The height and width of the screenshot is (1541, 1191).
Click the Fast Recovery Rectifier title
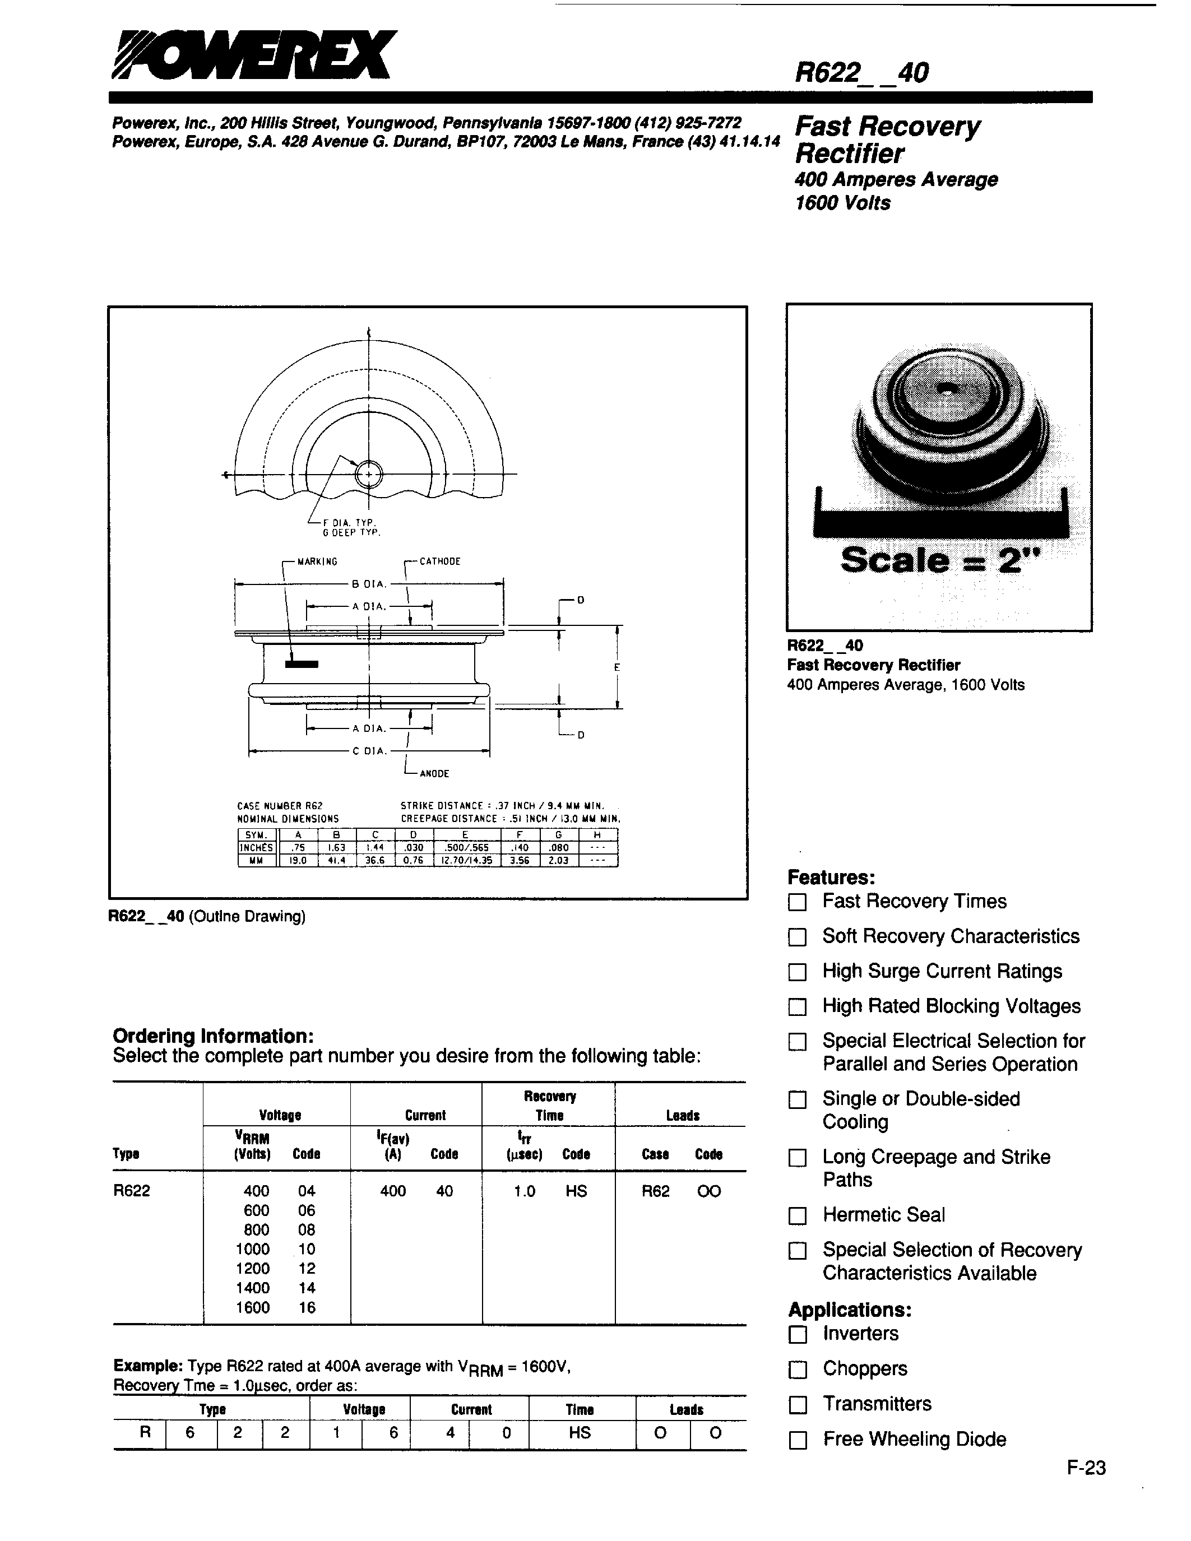[887, 140]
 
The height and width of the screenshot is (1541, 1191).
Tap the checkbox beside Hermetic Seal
[798, 1216]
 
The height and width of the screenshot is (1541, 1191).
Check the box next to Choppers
[798, 1370]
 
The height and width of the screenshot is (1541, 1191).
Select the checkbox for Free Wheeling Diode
[798, 1440]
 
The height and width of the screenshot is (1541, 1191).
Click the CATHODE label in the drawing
[439, 561]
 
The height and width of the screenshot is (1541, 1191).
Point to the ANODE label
[434, 774]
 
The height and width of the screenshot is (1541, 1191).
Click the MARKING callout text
[317, 561]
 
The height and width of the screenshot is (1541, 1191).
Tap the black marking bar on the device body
[302, 664]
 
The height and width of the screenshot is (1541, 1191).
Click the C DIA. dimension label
[370, 751]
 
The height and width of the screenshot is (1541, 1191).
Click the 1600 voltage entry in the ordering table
[253, 1307]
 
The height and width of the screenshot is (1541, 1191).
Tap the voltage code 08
[306, 1230]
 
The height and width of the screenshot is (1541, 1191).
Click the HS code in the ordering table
[576, 1191]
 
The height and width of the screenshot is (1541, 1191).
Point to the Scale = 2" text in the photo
[940, 561]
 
